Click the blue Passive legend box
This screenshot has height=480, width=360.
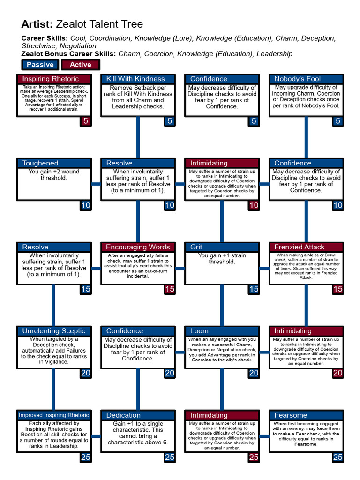tap(40, 65)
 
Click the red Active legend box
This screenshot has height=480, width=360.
tap(80, 65)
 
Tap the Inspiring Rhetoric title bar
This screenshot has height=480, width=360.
tap(53, 79)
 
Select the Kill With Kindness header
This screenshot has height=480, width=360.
tap(138, 79)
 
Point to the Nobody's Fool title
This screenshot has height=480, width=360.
tap(306, 79)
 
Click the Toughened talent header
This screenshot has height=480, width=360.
tap(53, 163)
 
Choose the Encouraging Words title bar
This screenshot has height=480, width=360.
tap(138, 247)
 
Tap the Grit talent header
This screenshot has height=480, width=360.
tap(222, 247)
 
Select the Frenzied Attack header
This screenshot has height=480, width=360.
tap(306, 247)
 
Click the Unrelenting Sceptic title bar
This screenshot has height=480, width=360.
tap(53, 331)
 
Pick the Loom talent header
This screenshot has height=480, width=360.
tap(222, 331)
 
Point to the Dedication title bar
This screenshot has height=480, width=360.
tap(138, 415)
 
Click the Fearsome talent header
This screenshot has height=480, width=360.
tap(306, 415)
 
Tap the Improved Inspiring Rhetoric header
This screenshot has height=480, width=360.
tap(53, 415)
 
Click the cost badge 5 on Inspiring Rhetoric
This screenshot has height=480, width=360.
tap(85, 121)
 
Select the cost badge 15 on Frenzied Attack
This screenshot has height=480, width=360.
tap(337, 289)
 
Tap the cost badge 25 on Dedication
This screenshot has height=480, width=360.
tap(170, 457)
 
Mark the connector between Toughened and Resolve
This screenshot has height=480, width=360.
tap(96, 184)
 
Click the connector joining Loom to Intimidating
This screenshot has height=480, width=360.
tap(264, 352)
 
